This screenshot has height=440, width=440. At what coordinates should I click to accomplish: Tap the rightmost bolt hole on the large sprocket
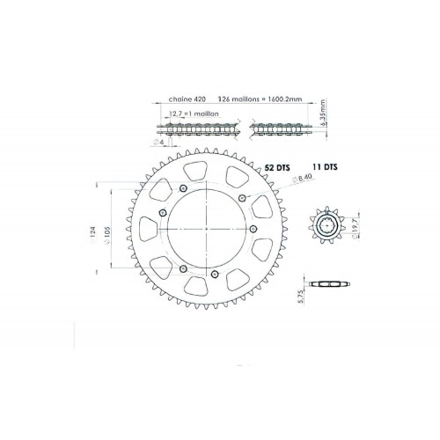coord(253,228)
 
